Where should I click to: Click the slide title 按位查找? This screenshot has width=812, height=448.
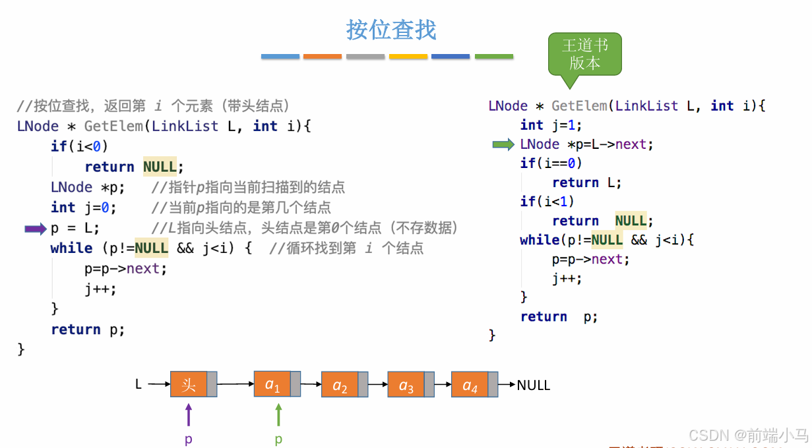tap(391, 30)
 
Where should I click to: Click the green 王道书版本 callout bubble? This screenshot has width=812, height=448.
tap(584, 54)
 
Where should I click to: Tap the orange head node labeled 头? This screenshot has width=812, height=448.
tap(189, 384)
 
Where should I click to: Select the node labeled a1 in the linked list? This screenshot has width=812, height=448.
tap(272, 384)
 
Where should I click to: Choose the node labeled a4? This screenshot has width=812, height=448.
tap(470, 385)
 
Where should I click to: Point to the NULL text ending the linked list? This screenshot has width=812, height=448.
tap(533, 385)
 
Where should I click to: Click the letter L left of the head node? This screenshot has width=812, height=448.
tap(139, 384)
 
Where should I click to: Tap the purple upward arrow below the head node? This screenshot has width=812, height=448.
tap(189, 415)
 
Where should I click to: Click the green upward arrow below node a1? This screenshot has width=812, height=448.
tap(278, 415)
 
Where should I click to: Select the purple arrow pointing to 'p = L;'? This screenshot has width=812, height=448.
tap(35, 229)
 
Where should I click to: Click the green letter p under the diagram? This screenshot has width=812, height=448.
tap(278, 439)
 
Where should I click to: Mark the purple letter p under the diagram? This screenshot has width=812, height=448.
tap(189, 439)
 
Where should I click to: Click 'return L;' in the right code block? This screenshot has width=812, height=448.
tap(586, 182)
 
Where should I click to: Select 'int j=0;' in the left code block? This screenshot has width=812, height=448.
tap(83, 208)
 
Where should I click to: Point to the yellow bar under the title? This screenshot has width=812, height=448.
tap(408, 57)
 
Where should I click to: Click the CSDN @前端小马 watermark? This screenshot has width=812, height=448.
tap(748, 435)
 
